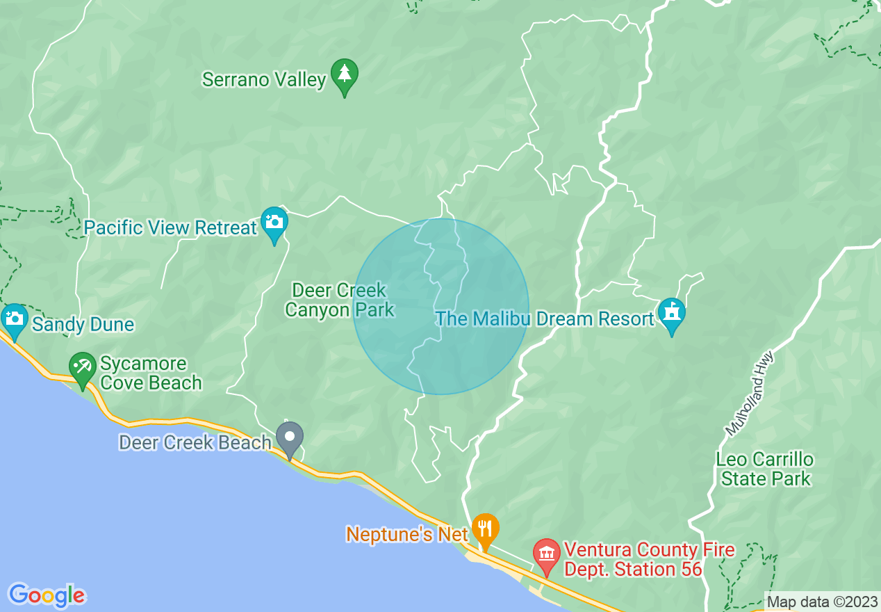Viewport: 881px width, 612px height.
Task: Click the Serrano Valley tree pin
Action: click(x=344, y=75)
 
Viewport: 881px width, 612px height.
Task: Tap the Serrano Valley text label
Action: click(x=264, y=80)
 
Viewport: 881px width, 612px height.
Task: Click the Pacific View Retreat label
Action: click(x=171, y=227)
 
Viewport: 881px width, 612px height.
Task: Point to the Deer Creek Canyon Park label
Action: click(x=340, y=300)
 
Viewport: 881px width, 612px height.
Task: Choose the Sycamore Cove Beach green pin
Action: click(x=83, y=369)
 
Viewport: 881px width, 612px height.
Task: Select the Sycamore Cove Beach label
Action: click(x=151, y=373)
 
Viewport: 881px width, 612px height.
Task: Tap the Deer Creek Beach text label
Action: click(x=195, y=442)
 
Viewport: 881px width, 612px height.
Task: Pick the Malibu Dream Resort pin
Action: click(x=672, y=314)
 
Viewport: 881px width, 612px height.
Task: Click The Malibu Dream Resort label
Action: click(x=545, y=319)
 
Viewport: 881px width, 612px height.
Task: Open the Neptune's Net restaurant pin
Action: click(x=485, y=529)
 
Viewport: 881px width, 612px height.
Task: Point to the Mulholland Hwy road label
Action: click(x=749, y=394)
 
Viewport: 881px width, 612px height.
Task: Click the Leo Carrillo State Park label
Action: click(x=765, y=469)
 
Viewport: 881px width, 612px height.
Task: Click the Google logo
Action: click(x=47, y=595)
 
